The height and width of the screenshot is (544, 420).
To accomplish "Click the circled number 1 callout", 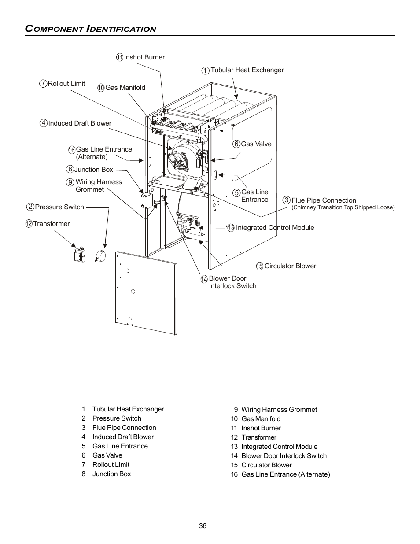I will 205,70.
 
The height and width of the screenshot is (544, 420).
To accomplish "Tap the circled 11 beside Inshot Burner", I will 120,57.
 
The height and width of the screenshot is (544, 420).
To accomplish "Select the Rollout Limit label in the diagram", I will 66,84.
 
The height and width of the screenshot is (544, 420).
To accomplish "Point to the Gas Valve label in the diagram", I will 256,144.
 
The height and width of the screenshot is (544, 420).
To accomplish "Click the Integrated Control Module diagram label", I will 275,228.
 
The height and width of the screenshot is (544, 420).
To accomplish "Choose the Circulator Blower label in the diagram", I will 290,266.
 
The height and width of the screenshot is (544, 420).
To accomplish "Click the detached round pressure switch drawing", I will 101,256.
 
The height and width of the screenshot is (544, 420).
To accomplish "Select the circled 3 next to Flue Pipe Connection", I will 287,200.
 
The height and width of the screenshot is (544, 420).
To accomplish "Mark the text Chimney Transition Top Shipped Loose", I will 343,207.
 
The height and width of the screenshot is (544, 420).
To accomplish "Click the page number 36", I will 203,526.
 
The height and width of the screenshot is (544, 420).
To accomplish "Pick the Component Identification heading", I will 91,29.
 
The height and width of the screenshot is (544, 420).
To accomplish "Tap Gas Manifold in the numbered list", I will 261,419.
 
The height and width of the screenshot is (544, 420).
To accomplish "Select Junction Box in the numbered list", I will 111,474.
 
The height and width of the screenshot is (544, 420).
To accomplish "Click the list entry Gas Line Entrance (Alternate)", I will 285,474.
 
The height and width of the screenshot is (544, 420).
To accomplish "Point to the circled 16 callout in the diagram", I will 72,150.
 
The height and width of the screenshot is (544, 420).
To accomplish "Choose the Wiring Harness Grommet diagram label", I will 98,185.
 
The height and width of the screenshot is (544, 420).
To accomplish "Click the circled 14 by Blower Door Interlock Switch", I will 204,279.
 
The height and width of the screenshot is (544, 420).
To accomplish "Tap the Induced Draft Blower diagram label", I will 80,123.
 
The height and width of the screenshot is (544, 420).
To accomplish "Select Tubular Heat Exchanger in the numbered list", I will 128,409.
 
